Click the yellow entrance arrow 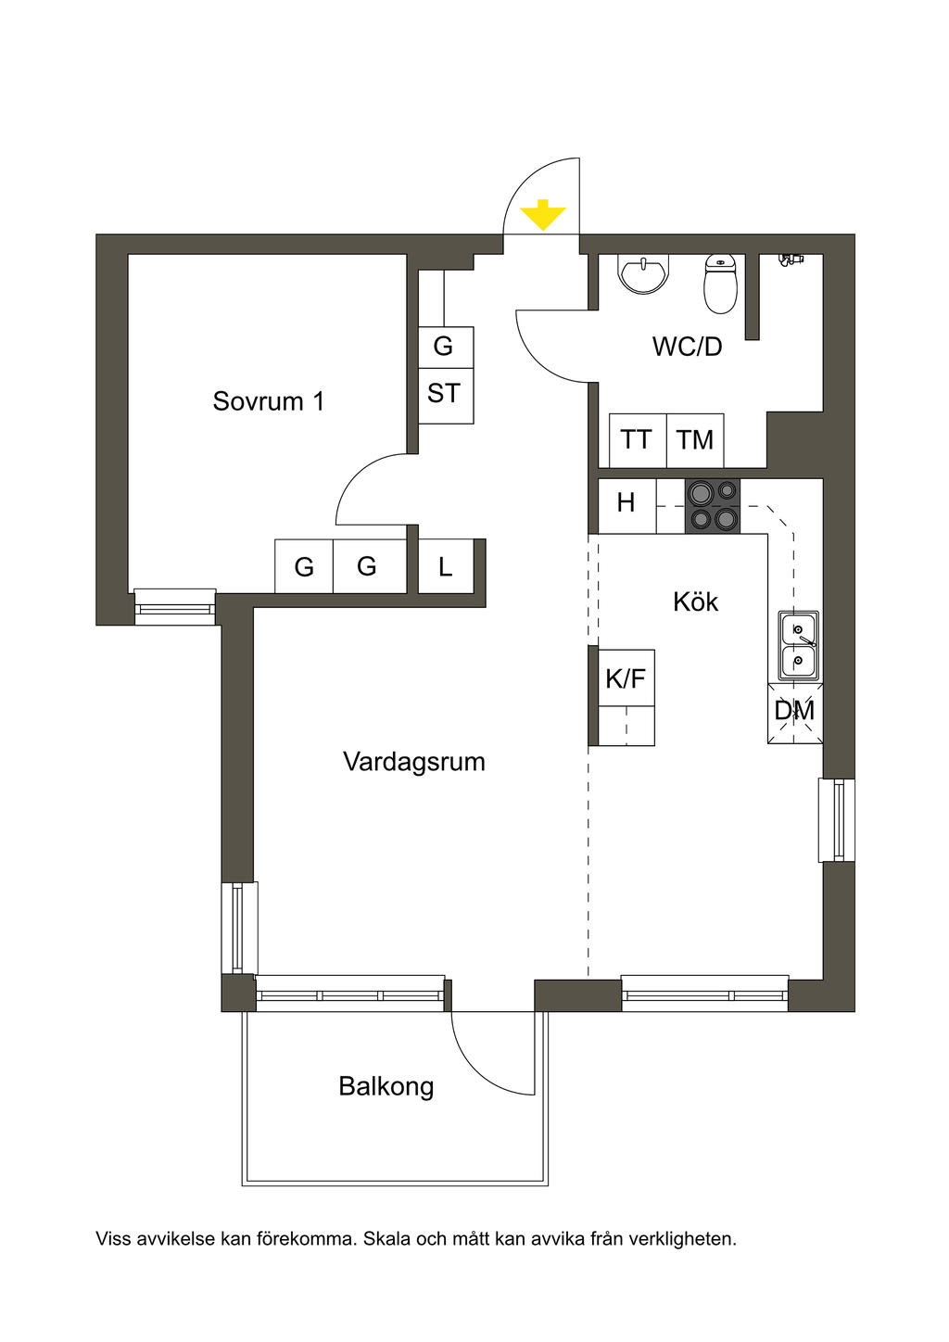point(542,216)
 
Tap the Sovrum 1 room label point(269,400)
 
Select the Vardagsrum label point(414,762)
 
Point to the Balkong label point(386,1086)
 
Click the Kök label point(695,601)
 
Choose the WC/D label point(687,347)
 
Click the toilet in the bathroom point(719,284)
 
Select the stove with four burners point(713,506)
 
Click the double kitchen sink point(799,645)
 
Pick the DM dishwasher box point(795,713)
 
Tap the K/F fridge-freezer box point(626,677)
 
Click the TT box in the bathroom point(638,440)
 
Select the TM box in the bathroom point(695,440)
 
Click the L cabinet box point(446,566)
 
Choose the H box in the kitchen point(626,503)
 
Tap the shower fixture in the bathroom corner point(791,259)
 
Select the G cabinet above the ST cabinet point(446,347)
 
